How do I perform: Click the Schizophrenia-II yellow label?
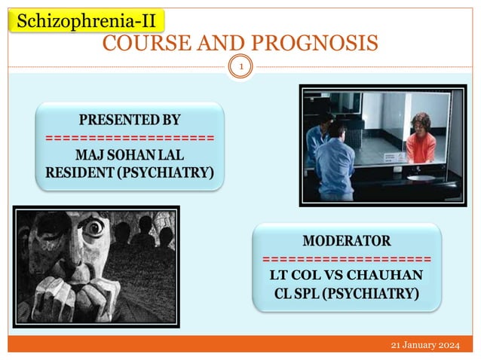click(x=86, y=20)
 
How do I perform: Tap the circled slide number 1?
click(x=241, y=68)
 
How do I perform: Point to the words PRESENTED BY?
click(x=130, y=120)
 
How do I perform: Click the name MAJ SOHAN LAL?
click(x=130, y=156)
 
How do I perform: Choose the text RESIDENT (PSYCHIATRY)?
click(x=130, y=175)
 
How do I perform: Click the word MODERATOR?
click(x=347, y=241)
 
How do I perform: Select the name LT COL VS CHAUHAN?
click(x=347, y=275)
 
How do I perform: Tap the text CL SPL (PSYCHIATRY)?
click(x=347, y=294)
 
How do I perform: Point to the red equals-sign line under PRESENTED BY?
click(x=130, y=138)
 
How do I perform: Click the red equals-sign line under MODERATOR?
click(x=347, y=258)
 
